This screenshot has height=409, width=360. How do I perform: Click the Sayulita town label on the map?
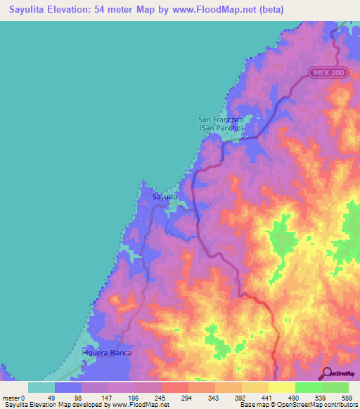tap(166, 197)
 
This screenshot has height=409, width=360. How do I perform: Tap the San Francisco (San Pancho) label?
tap(221, 124)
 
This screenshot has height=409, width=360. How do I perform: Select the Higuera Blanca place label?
tap(108, 353)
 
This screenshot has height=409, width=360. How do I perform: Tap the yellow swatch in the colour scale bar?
tap(281, 387)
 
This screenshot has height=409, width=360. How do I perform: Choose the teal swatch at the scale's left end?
tap(41, 387)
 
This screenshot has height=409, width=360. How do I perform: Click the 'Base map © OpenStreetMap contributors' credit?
tap(298, 405)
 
